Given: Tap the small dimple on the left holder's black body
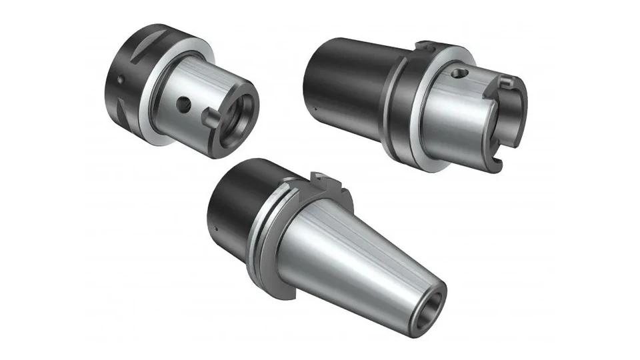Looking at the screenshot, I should click(121, 80).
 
